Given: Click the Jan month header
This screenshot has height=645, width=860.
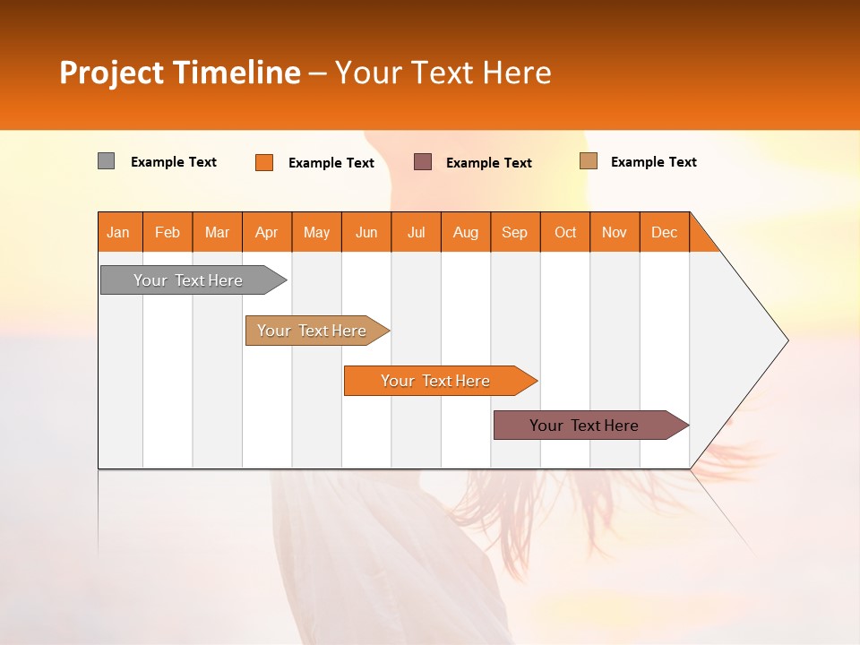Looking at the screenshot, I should tap(119, 232).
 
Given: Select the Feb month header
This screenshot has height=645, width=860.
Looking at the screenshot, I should tap(168, 232).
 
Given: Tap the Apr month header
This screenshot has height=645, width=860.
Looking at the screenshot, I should tap(267, 232).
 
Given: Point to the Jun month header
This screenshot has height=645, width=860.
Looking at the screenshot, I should tap(366, 232).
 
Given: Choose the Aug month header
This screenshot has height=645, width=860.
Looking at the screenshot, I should tap(466, 232).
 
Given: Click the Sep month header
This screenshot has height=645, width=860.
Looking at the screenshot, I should tap(515, 232).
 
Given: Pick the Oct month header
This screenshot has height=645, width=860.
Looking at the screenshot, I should tap(565, 232).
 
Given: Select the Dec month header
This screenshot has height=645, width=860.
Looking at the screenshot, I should tap(665, 232).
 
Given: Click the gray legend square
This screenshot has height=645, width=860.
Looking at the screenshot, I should tap(107, 161).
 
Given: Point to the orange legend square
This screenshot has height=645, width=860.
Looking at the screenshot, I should tap(264, 162).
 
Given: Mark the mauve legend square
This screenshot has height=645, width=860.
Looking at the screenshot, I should tap(423, 161).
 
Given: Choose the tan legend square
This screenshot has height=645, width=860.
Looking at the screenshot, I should tap(589, 161).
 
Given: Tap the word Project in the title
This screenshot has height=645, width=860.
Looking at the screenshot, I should tap(113, 73).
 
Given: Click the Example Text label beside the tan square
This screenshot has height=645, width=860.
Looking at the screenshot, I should tap(653, 162).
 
